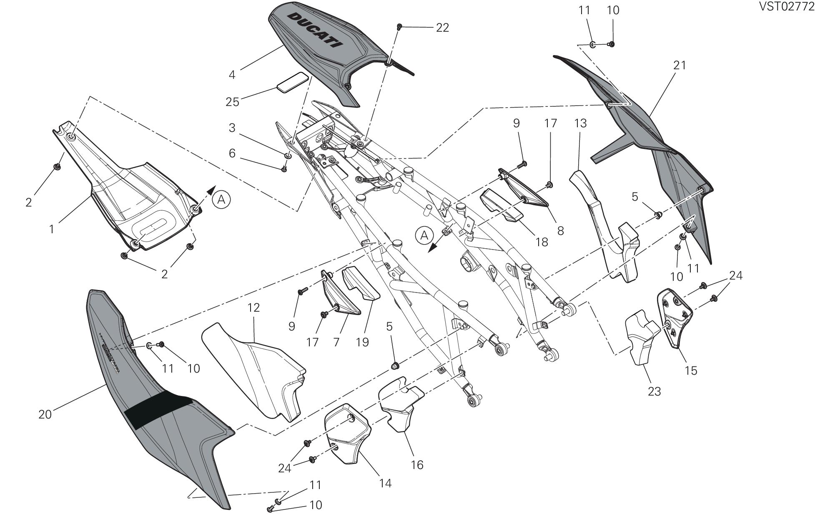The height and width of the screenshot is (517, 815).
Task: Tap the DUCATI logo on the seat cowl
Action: click(x=315, y=30)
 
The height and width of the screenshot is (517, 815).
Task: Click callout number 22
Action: click(x=442, y=28)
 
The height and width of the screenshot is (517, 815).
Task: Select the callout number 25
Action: click(x=232, y=102)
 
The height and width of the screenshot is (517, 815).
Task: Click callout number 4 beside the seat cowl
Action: click(x=232, y=75)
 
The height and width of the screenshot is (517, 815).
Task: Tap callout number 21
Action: click(x=680, y=65)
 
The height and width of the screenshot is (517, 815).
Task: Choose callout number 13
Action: click(x=580, y=123)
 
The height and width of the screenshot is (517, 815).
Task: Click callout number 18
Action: click(x=542, y=242)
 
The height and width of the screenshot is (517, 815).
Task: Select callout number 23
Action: click(x=655, y=391)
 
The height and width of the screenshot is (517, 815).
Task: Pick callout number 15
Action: click(x=691, y=371)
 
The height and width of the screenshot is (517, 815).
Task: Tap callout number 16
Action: click(x=417, y=464)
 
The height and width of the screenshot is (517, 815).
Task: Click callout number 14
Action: click(x=386, y=483)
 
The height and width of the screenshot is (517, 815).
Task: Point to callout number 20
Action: click(x=45, y=414)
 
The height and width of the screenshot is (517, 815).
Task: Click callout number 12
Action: click(x=253, y=308)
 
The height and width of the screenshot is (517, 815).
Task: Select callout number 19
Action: click(x=363, y=342)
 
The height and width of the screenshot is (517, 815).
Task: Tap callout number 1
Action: click(x=52, y=229)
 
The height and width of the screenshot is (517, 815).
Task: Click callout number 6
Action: click(x=232, y=154)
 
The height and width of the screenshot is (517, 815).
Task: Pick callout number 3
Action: click(x=232, y=128)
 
